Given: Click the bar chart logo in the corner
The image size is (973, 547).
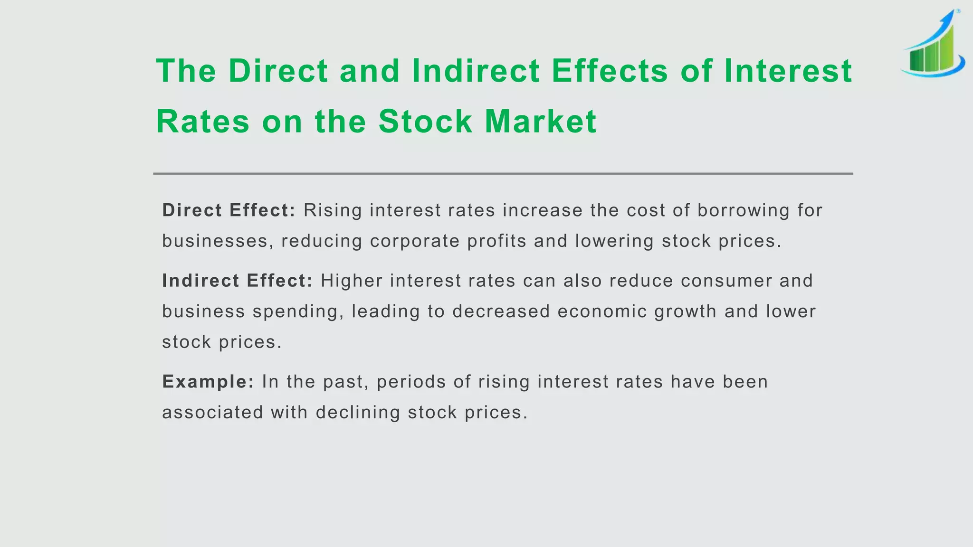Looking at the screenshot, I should pyautogui.click(x=933, y=45).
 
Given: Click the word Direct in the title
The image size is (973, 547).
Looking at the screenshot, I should pyautogui.click(x=278, y=71).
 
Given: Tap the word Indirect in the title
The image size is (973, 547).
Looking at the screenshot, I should pyautogui.click(x=476, y=71).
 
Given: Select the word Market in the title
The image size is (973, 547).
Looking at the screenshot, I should pyautogui.click(x=540, y=122).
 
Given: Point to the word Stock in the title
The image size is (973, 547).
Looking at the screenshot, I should pyautogui.click(x=425, y=122).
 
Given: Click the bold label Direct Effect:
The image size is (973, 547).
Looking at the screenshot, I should pyautogui.click(x=229, y=210).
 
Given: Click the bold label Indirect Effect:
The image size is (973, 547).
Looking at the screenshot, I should pyautogui.click(x=237, y=281).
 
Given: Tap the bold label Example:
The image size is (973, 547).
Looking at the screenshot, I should pyautogui.click(x=208, y=382).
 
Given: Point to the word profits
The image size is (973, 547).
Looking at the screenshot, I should pyautogui.click(x=496, y=241).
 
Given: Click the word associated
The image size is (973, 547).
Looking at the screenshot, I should pyautogui.click(x=212, y=412).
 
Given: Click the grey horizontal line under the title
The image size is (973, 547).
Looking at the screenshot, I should pyautogui.click(x=503, y=174).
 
